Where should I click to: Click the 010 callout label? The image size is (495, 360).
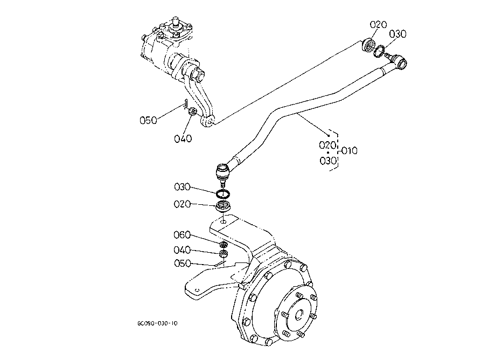click(x=350, y=150)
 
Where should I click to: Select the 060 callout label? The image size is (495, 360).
click(x=182, y=235)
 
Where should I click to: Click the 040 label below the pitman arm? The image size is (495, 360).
click(x=183, y=139)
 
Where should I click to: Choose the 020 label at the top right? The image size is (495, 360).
click(x=379, y=25)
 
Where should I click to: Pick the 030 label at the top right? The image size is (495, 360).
click(x=398, y=34)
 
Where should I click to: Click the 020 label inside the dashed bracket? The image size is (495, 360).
click(x=327, y=144)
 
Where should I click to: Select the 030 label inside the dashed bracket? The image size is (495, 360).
click(x=327, y=160)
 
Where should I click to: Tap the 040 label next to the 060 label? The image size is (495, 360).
click(x=182, y=250)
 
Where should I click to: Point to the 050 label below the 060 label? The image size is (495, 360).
click(x=182, y=263)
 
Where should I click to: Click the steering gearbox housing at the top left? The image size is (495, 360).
click(x=167, y=51)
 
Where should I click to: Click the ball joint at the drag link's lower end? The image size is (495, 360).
click(x=222, y=173)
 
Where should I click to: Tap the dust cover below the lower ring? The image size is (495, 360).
click(x=223, y=206)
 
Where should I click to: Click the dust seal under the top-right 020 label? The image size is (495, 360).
click(x=369, y=45)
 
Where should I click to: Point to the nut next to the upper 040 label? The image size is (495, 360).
click(x=192, y=111)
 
